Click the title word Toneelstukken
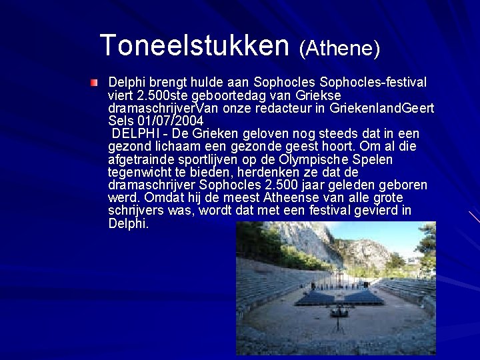point(194,45)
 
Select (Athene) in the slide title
point(339,48)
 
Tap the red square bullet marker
point(95,83)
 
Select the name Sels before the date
point(121,121)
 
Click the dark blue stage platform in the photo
point(340,296)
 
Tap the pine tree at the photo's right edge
point(427,247)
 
